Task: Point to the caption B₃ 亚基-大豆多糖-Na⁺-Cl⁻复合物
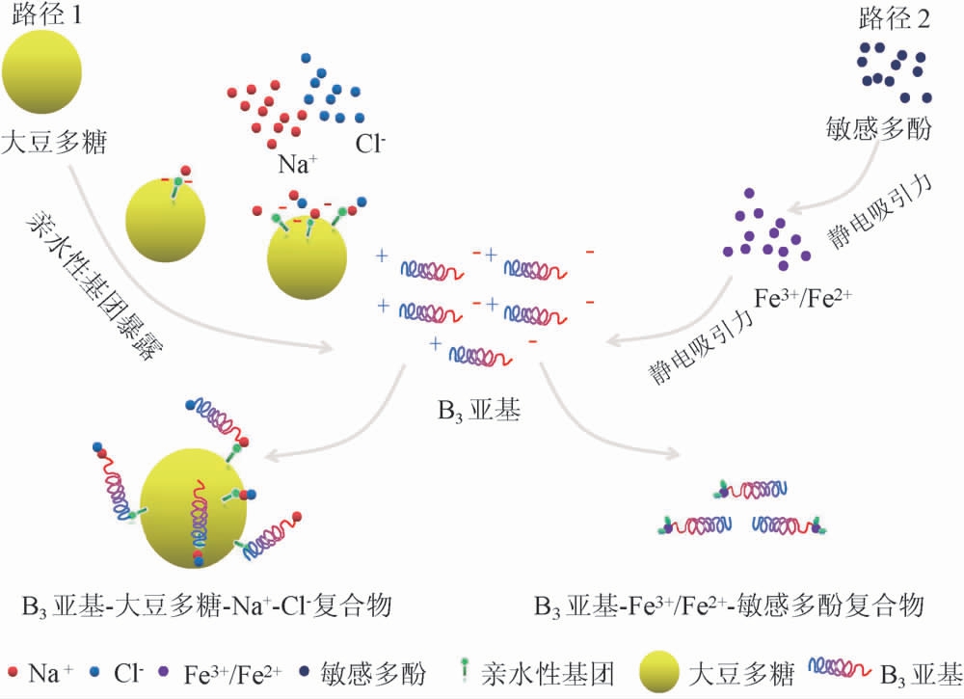pos(206,606)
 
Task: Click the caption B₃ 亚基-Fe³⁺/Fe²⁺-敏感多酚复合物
pos(728,606)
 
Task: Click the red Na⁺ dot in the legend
pos(12,672)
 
